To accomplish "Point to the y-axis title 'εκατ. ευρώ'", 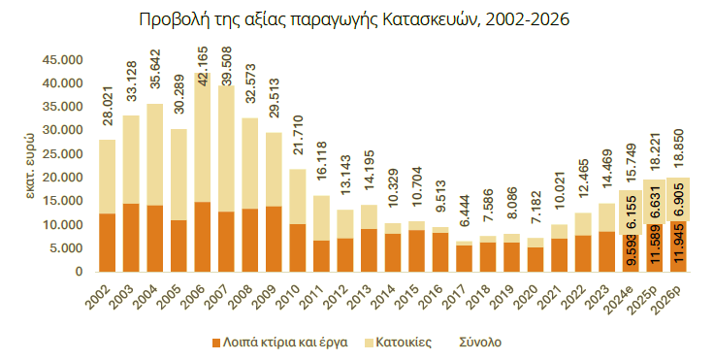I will click(31, 165).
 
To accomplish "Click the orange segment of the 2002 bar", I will click(107, 243).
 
